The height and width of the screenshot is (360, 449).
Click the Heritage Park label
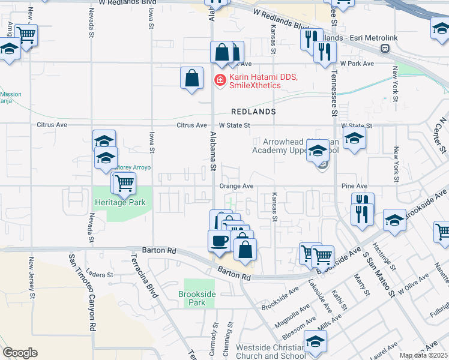tap(120, 203)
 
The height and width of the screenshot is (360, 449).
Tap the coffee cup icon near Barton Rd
tap(219, 240)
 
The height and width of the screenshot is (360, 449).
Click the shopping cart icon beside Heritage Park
tap(124, 182)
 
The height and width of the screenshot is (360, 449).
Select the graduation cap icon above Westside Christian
tap(315, 341)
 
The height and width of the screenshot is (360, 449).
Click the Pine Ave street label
tap(353, 186)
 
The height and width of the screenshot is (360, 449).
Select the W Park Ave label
tap(357, 63)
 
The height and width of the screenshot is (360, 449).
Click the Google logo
tap(20, 353)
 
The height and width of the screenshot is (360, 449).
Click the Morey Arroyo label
tap(132, 168)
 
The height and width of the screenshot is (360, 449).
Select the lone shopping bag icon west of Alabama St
tap(191, 78)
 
